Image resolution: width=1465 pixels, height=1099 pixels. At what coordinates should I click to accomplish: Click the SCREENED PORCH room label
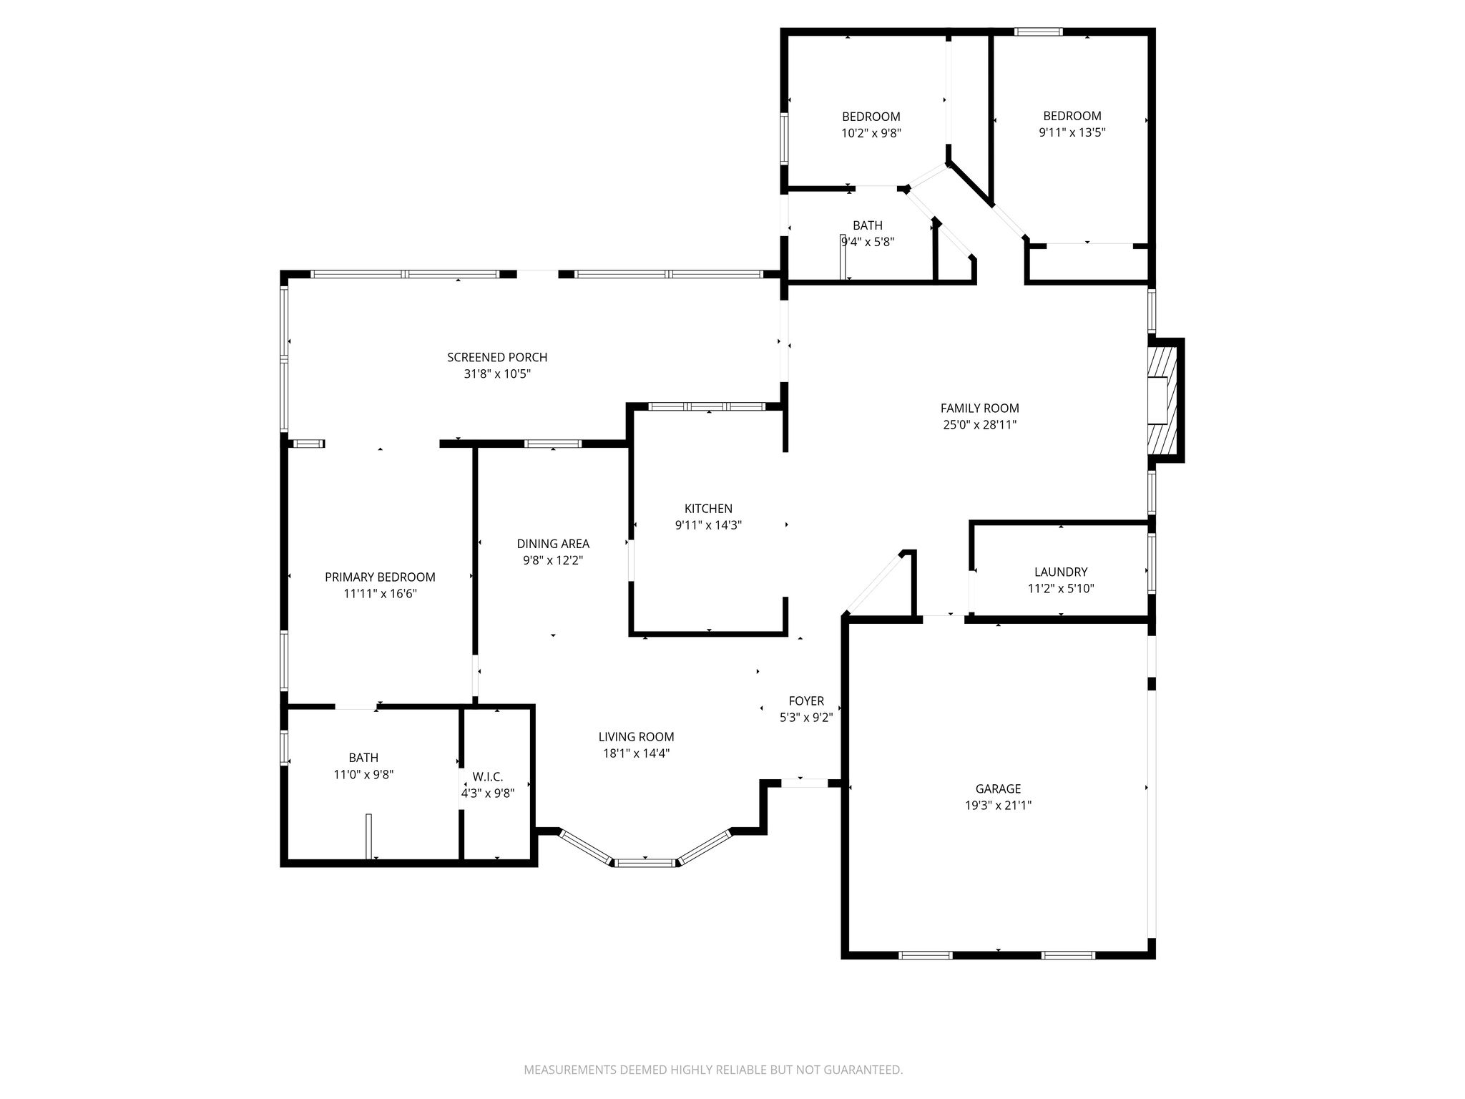(497, 357)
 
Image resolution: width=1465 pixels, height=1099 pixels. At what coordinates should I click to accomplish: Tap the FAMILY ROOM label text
(979, 408)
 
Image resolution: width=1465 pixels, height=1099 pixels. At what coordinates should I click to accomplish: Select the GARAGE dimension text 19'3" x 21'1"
(998, 805)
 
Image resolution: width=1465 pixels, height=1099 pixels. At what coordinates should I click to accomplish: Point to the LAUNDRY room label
(1061, 572)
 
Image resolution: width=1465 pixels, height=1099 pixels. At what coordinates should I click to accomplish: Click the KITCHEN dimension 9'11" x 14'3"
(708, 524)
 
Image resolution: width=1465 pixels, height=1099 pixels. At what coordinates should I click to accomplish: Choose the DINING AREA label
(553, 544)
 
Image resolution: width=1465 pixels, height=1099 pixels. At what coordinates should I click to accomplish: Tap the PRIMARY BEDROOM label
(380, 577)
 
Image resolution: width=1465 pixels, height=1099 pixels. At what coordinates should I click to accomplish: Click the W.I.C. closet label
(488, 776)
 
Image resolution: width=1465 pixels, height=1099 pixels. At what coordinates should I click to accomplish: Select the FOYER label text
(806, 701)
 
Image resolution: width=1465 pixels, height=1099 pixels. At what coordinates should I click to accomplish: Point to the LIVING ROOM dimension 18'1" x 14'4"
(636, 753)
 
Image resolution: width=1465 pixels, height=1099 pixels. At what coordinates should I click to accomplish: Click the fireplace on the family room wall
(1165, 401)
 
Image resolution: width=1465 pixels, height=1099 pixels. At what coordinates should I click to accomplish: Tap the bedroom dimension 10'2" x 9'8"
(871, 132)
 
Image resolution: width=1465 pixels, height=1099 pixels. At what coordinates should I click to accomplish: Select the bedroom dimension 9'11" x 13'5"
(1072, 132)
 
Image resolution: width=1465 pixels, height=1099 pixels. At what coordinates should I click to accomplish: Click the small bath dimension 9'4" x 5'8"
(868, 242)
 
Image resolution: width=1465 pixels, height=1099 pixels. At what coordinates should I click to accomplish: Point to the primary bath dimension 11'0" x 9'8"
(363, 774)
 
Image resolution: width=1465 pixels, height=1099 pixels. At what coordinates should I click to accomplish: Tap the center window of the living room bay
(645, 862)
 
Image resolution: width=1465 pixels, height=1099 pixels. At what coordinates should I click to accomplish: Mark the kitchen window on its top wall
(707, 406)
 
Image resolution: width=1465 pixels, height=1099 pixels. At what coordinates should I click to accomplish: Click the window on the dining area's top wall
(553, 444)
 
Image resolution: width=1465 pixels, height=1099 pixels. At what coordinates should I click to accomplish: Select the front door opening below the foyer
(804, 783)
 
